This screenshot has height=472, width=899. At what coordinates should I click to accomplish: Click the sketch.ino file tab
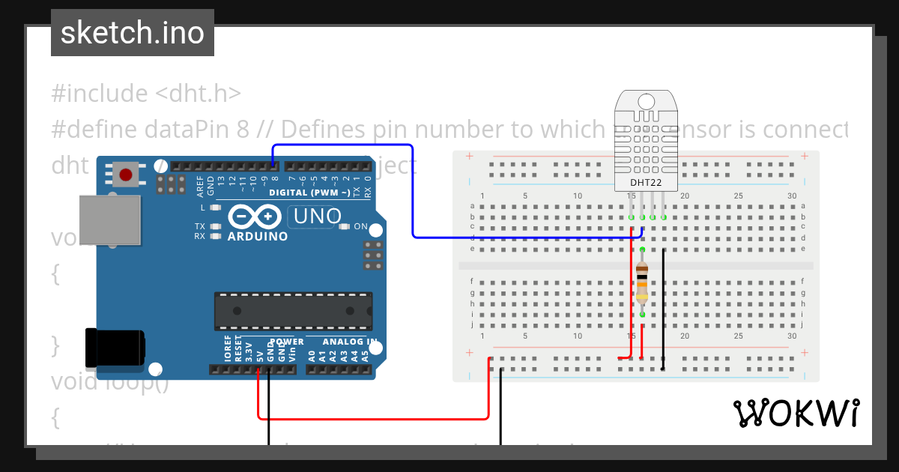(x=133, y=33)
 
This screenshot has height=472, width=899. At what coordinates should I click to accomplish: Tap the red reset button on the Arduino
(x=126, y=175)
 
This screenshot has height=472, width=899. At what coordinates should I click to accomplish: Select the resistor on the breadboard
(x=642, y=282)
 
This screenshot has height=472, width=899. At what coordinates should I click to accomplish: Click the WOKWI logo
(x=796, y=413)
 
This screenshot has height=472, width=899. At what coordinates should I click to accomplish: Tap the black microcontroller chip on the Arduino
(x=293, y=310)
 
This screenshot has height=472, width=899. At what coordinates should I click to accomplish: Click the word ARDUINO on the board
(x=258, y=237)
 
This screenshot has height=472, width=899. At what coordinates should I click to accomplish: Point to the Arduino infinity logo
(x=253, y=217)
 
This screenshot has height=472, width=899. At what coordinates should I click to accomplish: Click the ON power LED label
(x=360, y=226)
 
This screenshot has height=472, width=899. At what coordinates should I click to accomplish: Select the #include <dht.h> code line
(x=146, y=94)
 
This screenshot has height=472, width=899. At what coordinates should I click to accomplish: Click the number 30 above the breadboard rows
(x=792, y=196)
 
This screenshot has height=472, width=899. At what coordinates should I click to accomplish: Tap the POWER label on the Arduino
(x=286, y=342)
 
